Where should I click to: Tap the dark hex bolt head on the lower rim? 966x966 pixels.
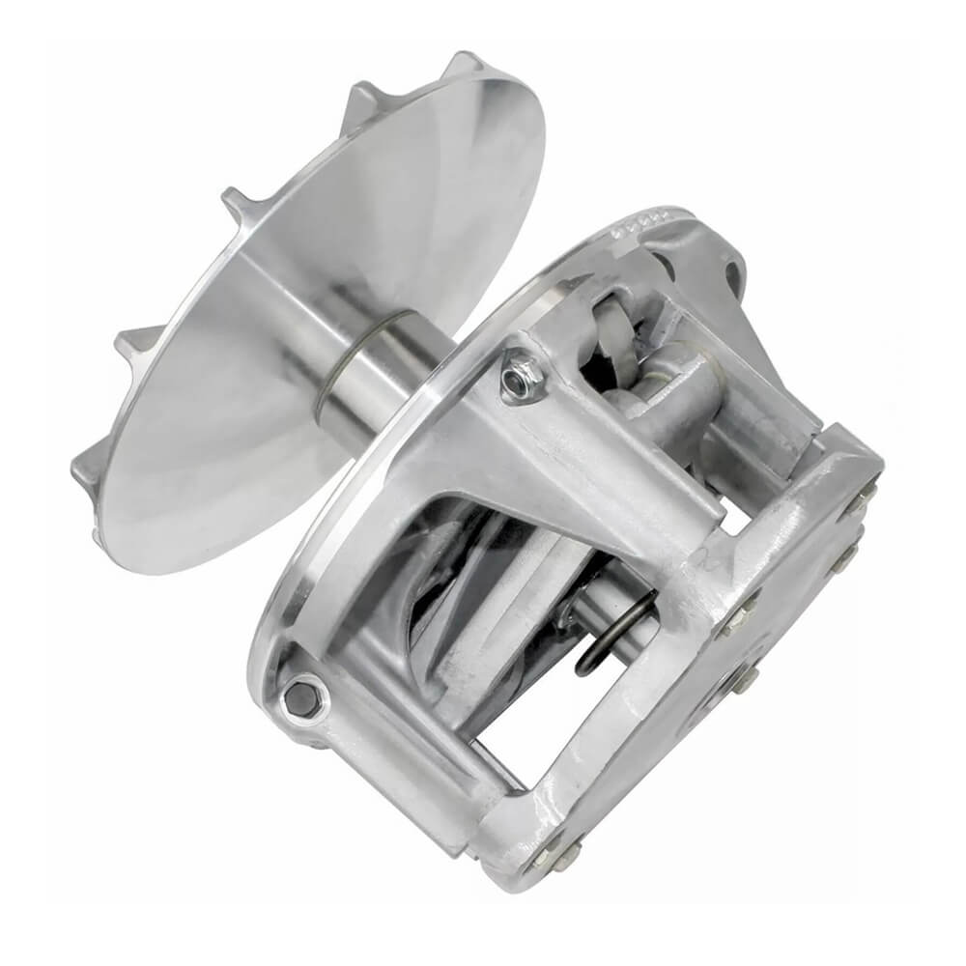[301, 697]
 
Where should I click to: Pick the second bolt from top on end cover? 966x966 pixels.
[845, 555]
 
